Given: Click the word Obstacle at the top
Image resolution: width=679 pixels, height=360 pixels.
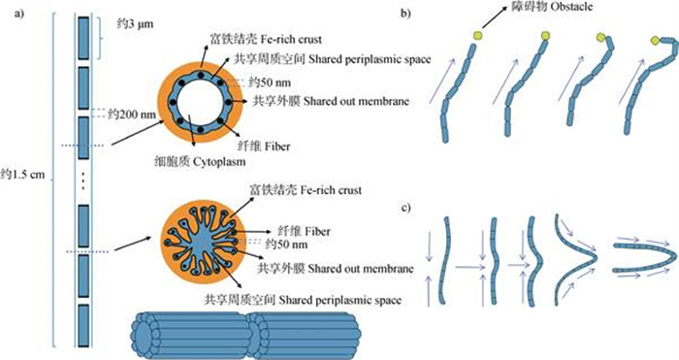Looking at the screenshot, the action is (571, 7).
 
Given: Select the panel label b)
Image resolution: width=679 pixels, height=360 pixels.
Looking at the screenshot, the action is (405, 14).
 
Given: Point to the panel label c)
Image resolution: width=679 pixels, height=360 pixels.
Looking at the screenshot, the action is (405, 208).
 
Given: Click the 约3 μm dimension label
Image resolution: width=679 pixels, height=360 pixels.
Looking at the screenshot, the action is (135, 24).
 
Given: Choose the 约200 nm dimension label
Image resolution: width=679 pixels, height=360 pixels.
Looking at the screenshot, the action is (132, 115).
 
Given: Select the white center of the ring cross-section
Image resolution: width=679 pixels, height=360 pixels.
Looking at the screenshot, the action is (200, 103).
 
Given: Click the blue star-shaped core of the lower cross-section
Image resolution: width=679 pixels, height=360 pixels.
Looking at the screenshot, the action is (202, 241).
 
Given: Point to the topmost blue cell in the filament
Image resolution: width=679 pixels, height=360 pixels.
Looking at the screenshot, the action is (83, 38).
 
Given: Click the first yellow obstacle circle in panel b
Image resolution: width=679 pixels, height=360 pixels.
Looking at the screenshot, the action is (477, 36).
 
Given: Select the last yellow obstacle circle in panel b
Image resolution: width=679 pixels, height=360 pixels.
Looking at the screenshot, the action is (655, 41).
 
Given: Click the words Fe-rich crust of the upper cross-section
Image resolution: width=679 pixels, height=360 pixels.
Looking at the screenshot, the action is (291, 40).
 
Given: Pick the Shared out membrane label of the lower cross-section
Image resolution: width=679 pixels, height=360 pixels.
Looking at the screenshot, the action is (336, 269).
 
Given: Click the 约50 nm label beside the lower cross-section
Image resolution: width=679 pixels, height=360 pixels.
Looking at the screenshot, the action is (287, 245).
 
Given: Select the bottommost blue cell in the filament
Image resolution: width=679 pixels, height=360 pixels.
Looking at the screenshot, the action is (83, 326).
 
